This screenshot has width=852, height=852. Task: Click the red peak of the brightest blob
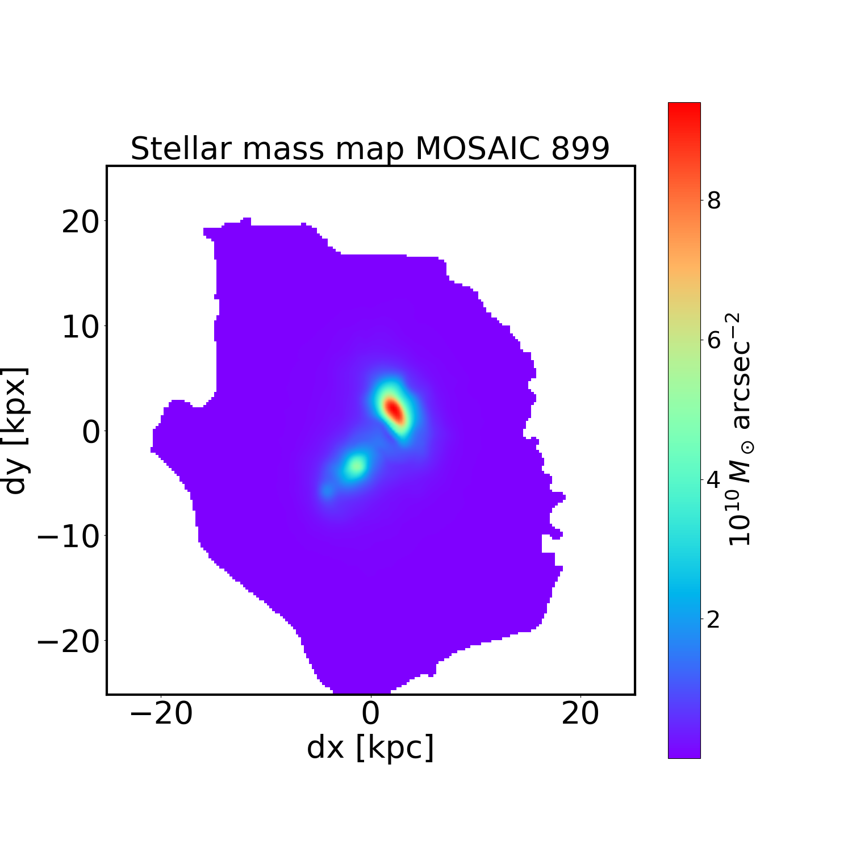393,410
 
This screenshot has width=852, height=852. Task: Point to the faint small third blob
327,491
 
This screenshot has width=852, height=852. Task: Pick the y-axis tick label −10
68,536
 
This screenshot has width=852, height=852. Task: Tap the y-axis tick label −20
68,641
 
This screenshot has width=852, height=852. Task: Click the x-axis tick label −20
161,713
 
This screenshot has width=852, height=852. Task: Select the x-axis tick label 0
371,713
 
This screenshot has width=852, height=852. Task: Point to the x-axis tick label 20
580,713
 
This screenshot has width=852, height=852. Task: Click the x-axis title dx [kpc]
370,747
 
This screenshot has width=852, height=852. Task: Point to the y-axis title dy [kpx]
15,431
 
